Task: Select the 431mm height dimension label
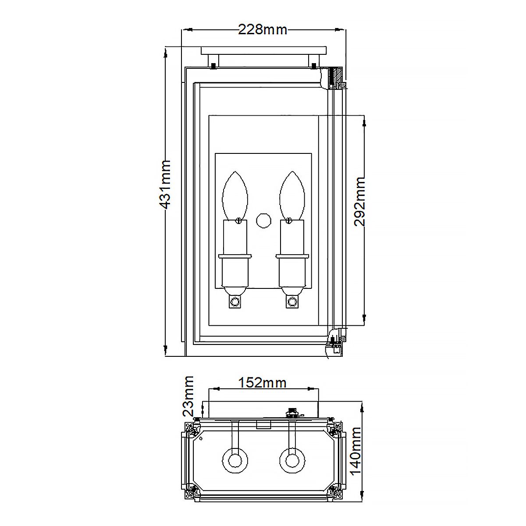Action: (x=165, y=184)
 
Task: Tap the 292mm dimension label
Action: (x=359, y=201)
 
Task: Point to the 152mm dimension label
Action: (x=262, y=382)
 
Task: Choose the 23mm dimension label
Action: (x=188, y=396)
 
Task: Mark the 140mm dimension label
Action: (x=356, y=451)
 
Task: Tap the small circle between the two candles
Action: (x=263, y=220)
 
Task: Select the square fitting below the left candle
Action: (x=235, y=302)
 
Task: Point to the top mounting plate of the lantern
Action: (x=263, y=50)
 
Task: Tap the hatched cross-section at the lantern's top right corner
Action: (x=337, y=78)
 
